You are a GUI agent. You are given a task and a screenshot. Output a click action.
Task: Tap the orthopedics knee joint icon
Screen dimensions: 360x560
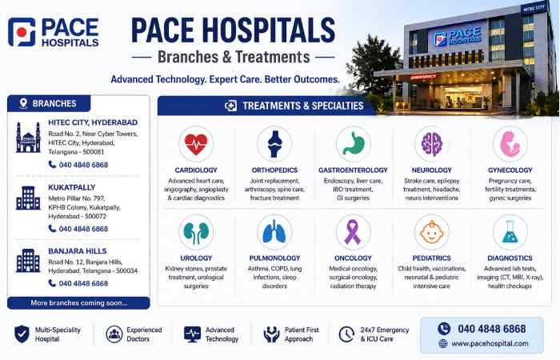tap(274, 144)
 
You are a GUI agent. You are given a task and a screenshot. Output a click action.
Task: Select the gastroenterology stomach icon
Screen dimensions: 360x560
tap(353, 144)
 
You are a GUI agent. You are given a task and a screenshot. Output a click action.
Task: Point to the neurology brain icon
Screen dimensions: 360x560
tap(431, 144)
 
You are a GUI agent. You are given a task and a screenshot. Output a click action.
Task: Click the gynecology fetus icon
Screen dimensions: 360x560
tap(510, 144)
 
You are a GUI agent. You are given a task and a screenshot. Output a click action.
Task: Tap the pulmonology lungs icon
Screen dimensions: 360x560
tap(274, 232)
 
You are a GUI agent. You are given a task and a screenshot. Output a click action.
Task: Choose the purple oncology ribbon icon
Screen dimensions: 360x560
tap(353, 232)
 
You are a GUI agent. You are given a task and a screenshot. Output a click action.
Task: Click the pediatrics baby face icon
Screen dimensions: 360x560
tap(431, 232)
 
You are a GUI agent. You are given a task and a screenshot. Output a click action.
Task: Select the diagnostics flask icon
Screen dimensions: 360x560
tap(510, 232)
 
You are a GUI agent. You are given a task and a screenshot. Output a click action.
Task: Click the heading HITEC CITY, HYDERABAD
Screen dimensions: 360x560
tap(93, 122)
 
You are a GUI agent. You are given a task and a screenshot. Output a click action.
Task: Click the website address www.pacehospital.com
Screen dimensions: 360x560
tap(490, 343)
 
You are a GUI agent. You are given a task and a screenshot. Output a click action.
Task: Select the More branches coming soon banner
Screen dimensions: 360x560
tap(78, 303)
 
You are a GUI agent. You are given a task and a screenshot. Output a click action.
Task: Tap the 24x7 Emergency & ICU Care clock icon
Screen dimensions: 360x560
tap(346, 334)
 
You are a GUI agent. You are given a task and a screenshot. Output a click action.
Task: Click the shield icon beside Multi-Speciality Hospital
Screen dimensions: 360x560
tap(22, 334)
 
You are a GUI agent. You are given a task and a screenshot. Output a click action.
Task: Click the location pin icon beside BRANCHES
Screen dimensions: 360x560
tap(23, 103)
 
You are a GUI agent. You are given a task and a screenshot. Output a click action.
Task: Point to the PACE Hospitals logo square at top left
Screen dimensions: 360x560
tap(22, 32)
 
